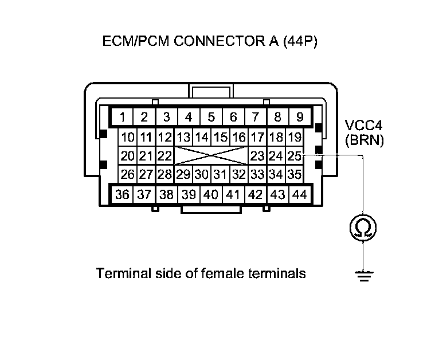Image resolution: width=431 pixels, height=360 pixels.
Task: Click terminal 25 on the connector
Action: pos(295,155)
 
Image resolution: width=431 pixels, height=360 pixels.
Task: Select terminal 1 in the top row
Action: pos(123,118)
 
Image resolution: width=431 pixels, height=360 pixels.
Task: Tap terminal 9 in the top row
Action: pos(299,118)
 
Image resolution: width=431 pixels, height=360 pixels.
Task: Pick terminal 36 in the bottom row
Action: pos(122,194)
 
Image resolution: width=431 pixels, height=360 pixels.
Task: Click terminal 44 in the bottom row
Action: pos(299,194)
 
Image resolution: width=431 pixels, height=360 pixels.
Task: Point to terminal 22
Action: pos(164,155)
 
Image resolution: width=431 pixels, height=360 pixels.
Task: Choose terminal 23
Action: pos(257,155)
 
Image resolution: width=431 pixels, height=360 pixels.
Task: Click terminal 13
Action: pos(183,137)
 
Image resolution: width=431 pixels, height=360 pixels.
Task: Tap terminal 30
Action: pos(202,174)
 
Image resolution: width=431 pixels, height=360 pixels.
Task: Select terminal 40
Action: pos(211,194)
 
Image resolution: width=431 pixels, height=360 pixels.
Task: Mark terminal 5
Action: pos(211,118)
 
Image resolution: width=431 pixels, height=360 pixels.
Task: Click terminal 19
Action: pos(295,137)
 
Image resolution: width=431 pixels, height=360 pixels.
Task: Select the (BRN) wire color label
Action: pos(364,140)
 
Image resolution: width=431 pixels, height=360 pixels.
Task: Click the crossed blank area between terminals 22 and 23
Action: pos(211,155)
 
